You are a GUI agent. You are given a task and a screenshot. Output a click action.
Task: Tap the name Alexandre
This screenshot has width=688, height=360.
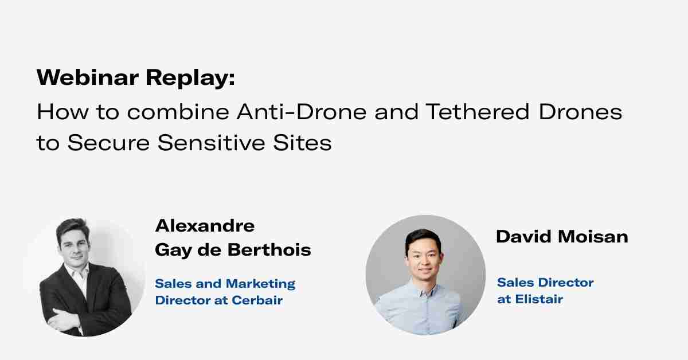tap(205, 225)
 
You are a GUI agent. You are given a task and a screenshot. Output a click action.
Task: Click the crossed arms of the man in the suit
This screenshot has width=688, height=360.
tap(69, 312)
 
